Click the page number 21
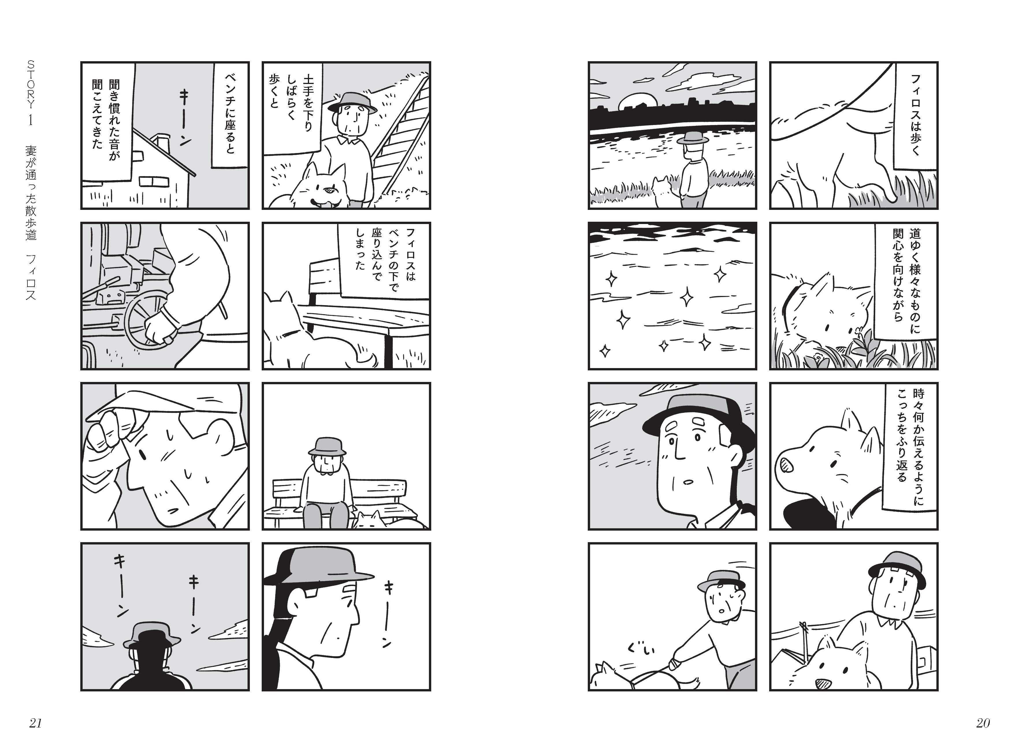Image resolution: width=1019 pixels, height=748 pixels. (35, 723)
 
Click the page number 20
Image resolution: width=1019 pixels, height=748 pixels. (983, 723)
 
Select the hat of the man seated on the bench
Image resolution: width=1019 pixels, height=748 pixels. (327, 446)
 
